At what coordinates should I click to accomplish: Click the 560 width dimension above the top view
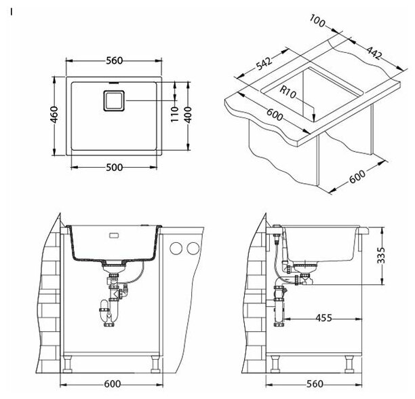pyautogui.click(x=114, y=60)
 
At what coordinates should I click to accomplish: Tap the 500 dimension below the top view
pyautogui.click(x=114, y=168)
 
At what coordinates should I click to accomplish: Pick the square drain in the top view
pyautogui.click(x=113, y=100)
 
